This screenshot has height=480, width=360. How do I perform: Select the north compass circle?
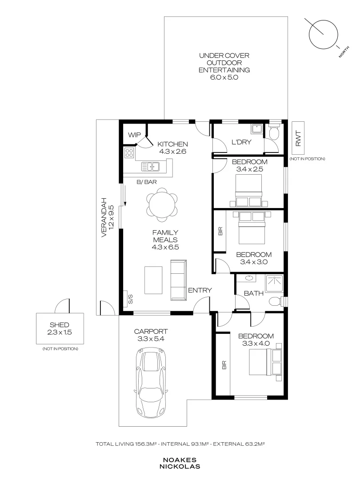click(323, 34)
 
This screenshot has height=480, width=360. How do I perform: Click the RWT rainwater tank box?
click(298, 138)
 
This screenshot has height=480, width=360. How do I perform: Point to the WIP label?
click(134, 135)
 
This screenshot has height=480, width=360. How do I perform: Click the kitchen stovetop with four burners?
click(129, 153)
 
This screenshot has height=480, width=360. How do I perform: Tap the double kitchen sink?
click(150, 167)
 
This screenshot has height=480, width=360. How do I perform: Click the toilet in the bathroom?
click(276, 301)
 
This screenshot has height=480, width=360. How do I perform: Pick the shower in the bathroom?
click(275, 283)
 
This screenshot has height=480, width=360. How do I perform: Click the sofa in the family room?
click(179, 280)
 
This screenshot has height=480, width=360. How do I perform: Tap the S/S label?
click(130, 299)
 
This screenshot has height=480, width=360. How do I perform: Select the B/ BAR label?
click(147, 182)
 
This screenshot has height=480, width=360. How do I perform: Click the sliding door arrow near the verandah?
click(125, 196)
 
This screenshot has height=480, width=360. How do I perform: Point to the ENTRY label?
click(200, 290)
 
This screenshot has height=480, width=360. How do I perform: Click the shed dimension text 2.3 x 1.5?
click(60, 332)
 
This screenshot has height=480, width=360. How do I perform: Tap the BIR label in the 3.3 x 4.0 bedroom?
click(224, 365)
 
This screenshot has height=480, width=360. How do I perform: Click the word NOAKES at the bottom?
click(180, 460)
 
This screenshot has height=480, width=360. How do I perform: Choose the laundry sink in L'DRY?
click(256, 129)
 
